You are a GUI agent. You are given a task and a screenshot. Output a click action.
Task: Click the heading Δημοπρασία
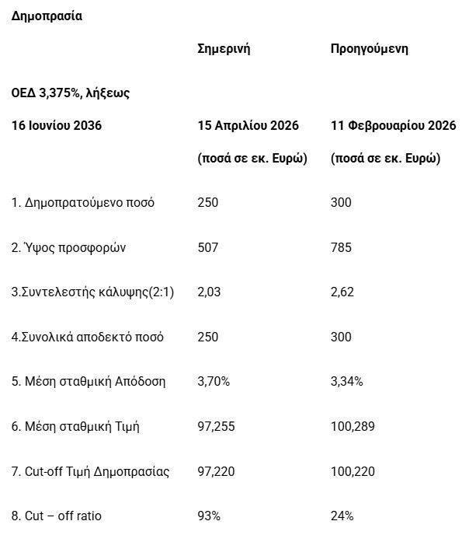point(47,16)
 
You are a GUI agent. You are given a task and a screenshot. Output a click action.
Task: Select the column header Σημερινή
point(224,49)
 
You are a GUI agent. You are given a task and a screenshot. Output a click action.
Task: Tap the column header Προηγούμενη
point(369,49)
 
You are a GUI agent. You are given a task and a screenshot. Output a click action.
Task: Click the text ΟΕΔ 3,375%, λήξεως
point(70,93)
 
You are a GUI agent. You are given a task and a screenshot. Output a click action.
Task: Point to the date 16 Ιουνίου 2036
point(57,125)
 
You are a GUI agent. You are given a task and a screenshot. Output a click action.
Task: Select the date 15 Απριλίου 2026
point(248,125)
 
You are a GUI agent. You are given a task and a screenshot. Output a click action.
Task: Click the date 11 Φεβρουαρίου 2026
point(393,125)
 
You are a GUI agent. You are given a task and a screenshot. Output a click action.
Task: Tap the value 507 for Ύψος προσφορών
point(208,247)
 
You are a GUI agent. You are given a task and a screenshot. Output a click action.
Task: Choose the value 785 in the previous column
point(341,247)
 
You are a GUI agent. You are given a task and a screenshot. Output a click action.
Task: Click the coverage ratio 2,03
point(209,292)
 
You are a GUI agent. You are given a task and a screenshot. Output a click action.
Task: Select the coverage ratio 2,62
point(342,292)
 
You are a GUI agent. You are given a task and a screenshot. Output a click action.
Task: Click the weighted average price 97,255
point(217,426)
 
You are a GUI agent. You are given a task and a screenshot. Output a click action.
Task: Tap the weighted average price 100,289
point(352,426)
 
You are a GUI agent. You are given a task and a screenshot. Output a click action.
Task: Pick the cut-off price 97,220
point(217,471)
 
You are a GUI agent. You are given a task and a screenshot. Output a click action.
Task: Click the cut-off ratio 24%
point(342,516)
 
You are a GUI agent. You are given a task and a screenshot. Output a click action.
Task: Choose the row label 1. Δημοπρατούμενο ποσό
point(82,203)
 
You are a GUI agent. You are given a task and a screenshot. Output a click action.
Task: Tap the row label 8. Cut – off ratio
point(56,516)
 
